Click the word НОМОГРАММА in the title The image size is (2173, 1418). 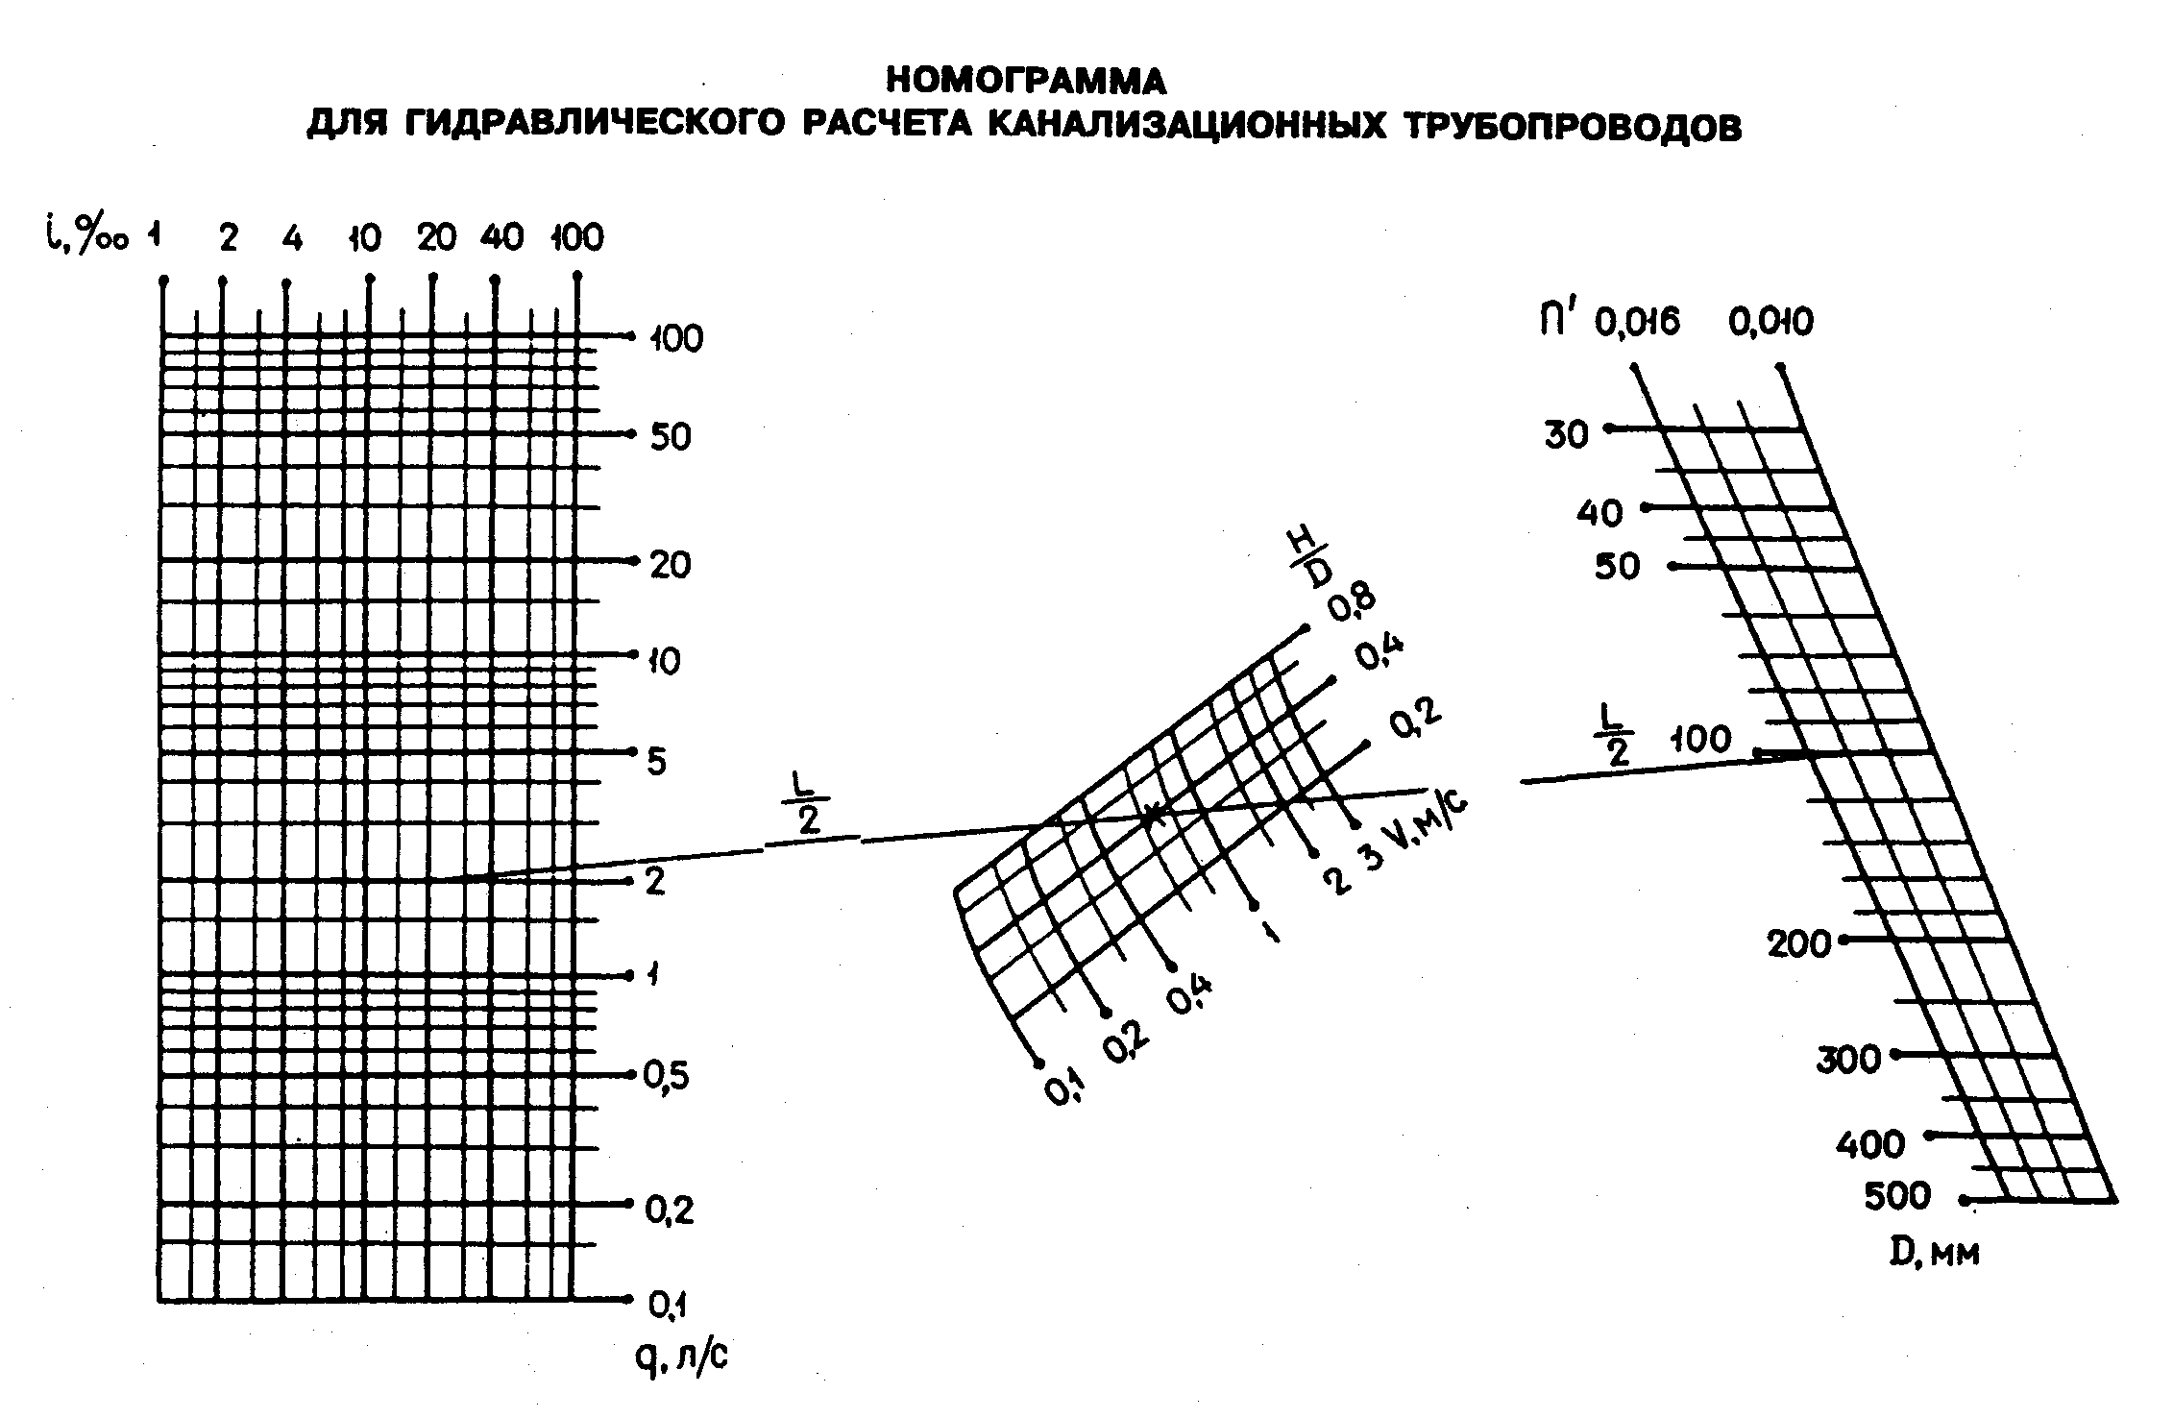[1025, 82]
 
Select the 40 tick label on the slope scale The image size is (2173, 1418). [501, 236]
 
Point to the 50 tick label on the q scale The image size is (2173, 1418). [671, 437]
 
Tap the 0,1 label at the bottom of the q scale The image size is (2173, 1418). [668, 1305]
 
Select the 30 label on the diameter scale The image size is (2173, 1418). [1567, 435]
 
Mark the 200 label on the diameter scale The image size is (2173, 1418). [1799, 944]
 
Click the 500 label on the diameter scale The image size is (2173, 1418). [1897, 1197]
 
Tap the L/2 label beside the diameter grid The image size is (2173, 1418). [1618, 736]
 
